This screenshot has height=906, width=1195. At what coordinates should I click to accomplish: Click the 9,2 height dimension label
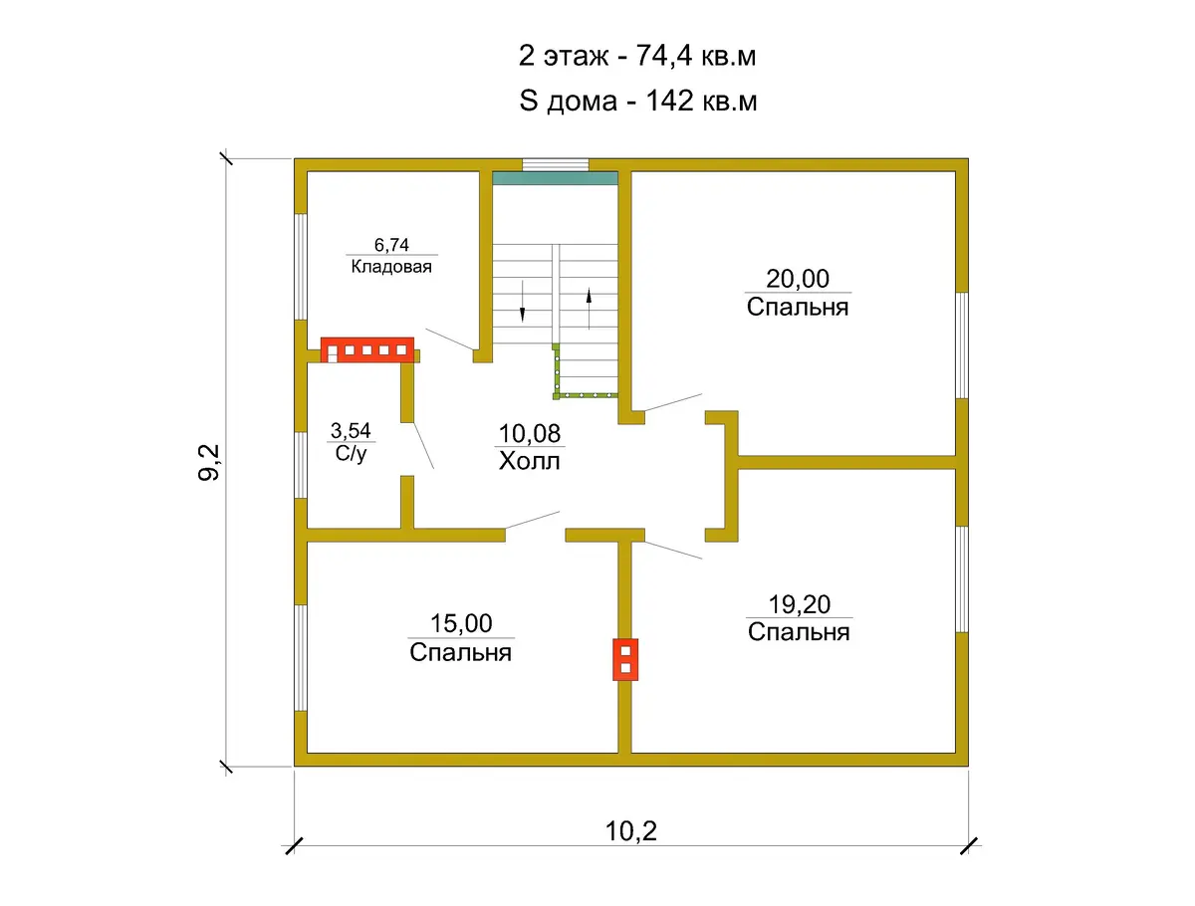coord(208,462)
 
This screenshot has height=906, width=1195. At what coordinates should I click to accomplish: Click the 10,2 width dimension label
coord(630,831)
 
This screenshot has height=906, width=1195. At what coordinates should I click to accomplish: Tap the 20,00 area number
coord(798,279)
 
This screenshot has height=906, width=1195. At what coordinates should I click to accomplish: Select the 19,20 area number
coord(799,604)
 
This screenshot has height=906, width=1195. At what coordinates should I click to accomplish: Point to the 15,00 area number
coord(461,623)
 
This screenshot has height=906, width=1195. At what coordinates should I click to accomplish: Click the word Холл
coord(529,461)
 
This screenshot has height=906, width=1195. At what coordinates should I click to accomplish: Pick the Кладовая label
coord(391,267)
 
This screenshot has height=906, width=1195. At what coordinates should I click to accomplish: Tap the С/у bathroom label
coord(352,453)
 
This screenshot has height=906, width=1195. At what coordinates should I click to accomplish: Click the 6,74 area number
coord(391,245)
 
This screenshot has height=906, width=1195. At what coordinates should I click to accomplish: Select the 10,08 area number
coord(529,434)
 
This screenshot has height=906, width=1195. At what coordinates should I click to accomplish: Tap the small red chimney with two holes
coord(625,659)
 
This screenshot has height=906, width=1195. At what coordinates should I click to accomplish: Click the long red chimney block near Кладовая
coord(366,349)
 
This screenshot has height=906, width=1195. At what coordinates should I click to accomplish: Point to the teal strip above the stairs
coord(556,178)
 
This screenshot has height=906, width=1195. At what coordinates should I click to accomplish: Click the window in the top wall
coord(556,165)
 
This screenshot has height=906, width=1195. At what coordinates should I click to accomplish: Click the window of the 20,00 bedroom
coord(962,345)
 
